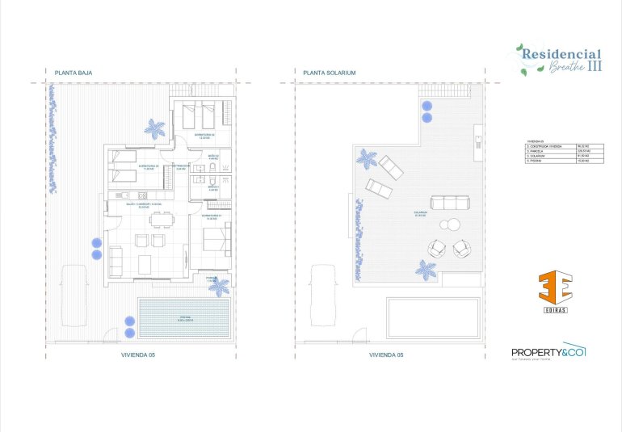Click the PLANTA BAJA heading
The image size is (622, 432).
click(74, 73)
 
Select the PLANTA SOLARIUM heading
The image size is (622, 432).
click(330, 73)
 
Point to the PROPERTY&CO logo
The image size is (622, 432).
click(548, 352)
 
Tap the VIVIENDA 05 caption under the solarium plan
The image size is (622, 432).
click(385, 354)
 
